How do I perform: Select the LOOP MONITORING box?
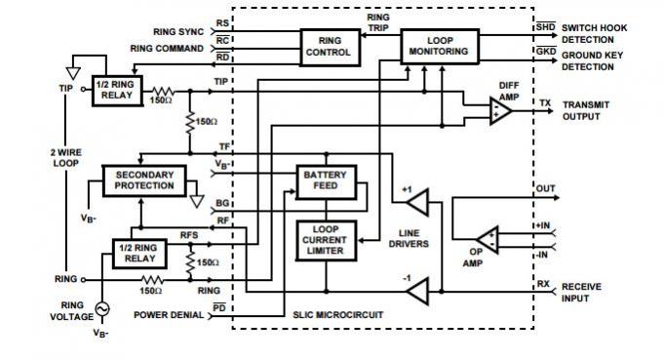point(440,45)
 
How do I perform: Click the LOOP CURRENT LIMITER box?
point(327,240)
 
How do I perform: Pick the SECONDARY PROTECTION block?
point(143,180)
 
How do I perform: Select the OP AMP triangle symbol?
point(486,237)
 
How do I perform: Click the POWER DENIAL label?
point(168,315)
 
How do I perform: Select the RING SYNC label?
point(176,31)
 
